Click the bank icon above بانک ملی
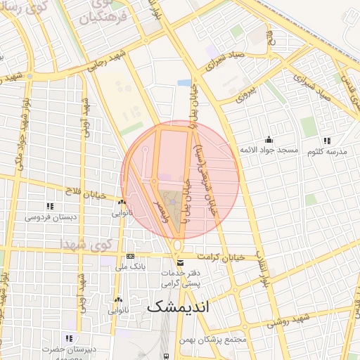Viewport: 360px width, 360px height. pyautogui.click(x=130, y=257)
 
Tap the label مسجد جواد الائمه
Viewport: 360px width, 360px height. pyautogui.click(x=269, y=150)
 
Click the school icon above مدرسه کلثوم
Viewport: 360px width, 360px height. pyautogui.click(x=333, y=139)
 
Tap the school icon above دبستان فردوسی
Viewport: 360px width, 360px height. pyautogui.click(x=49, y=206)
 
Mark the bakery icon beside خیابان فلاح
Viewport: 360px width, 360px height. pyautogui.click(x=122, y=202)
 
